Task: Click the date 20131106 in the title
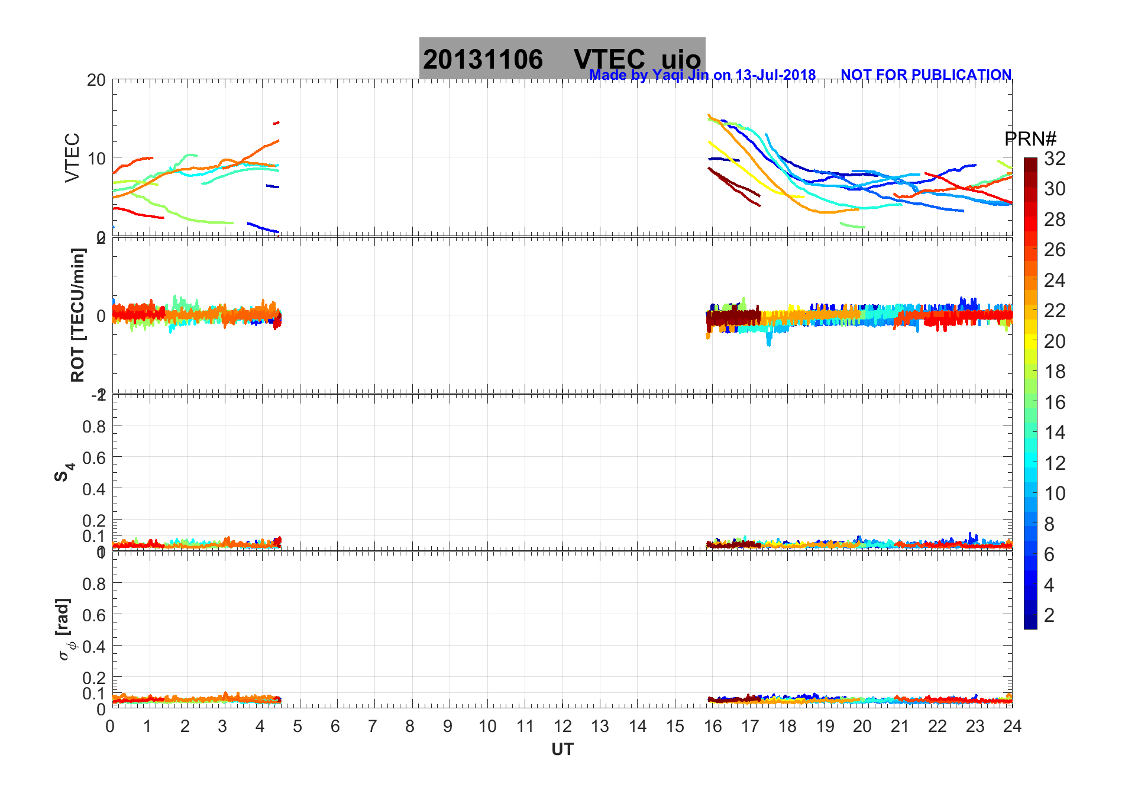[483, 60]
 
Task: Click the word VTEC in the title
[609, 60]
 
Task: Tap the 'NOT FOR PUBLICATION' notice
[926, 75]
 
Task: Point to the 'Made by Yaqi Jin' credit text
[702, 75]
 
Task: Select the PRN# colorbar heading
[1030, 139]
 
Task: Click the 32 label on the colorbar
[1055, 159]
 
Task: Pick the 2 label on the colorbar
[1049, 615]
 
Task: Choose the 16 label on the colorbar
[1055, 402]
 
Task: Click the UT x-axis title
[562, 750]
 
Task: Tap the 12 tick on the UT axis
[562, 726]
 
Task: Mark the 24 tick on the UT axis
[1012, 726]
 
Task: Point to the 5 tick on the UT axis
[298, 726]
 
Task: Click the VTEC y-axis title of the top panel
[72, 157]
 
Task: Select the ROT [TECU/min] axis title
[77, 315]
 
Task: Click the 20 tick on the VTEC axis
[96, 80]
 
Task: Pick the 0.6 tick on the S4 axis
[94, 457]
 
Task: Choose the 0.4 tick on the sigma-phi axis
[94, 646]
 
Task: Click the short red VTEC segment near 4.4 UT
[276, 123]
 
